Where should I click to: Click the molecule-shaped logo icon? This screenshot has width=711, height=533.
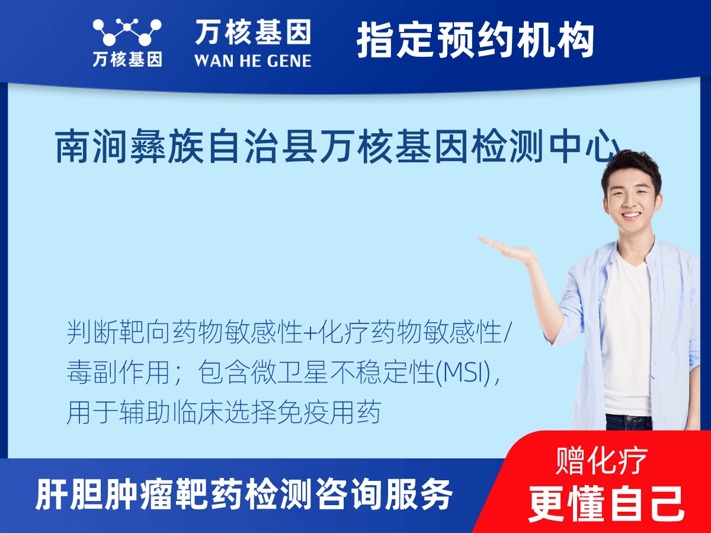(127, 32)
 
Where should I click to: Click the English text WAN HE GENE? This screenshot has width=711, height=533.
(252, 60)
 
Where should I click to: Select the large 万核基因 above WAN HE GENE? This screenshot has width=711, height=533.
(252, 32)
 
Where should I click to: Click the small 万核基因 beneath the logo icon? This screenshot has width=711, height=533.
(127, 59)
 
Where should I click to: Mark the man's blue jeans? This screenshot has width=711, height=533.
(628, 422)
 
